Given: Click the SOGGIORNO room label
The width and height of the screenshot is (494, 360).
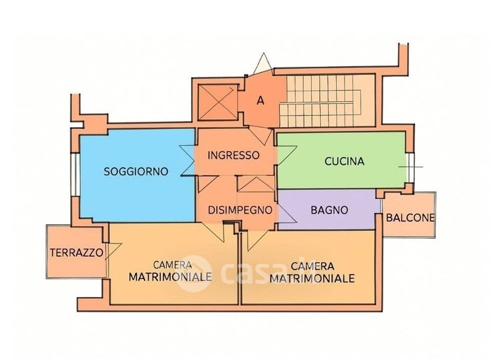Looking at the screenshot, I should pyautogui.click(x=135, y=172).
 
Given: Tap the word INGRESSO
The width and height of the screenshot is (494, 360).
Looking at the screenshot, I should pyautogui.click(x=233, y=155).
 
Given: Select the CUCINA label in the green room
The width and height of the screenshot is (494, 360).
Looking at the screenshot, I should pyautogui.click(x=345, y=162).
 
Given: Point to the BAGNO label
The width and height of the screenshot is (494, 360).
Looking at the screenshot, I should pyautogui.click(x=329, y=211).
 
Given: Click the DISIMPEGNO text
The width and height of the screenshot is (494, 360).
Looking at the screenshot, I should pyautogui.click(x=240, y=210).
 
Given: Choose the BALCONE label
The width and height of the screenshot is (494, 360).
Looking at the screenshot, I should pyautogui.click(x=410, y=217).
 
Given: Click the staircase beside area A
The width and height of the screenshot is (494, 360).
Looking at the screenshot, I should pyautogui.click(x=327, y=101).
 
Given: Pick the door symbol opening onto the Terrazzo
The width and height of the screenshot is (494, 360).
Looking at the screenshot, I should pyautogui.click(x=111, y=251).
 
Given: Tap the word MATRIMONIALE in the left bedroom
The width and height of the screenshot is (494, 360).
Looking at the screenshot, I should pyautogui.click(x=170, y=276).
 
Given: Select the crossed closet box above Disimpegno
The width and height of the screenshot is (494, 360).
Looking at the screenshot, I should pyautogui.click(x=251, y=184).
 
